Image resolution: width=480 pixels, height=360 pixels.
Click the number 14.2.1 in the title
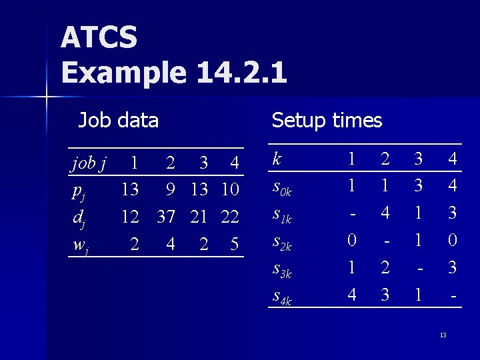tap(242, 73)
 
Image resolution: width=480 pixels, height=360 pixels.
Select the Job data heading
tap(119, 121)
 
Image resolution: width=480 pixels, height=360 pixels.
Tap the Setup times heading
tap(327, 121)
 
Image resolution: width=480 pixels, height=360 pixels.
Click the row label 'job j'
tap(89, 163)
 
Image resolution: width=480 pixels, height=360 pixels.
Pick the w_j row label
tap(80, 245)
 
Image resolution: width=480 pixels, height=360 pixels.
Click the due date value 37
tap(167, 217)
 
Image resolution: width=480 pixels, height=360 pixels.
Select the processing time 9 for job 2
tap(171, 190)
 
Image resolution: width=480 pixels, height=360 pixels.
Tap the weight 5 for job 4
tap(234, 245)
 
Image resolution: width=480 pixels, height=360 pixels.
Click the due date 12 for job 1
tap(129, 217)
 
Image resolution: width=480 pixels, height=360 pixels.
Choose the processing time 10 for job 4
tap(230, 190)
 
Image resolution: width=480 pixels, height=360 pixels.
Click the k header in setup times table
tap(277, 159)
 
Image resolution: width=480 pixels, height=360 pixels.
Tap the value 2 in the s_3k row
tap(384, 268)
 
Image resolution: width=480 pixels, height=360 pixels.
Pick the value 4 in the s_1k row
tap(384, 214)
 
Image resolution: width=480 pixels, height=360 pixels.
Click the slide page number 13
tap(443, 335)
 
